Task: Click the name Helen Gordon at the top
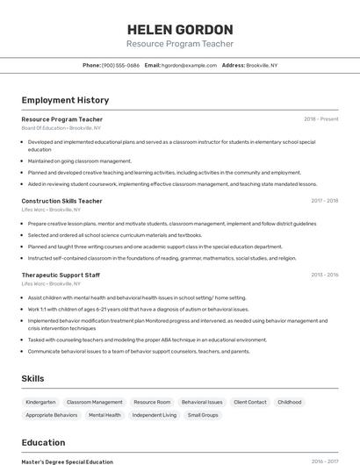click(180, 29)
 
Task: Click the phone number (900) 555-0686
click(120, 65)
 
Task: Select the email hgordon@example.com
click(187, 65)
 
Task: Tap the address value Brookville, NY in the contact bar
click(262, 65)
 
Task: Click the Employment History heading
click(65, 100)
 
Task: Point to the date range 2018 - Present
click(320, 118)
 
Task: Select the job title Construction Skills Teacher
click(61, 201)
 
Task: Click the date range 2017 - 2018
click(324, 201)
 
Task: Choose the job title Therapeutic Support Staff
click(61, 275)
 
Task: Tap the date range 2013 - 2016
click(324, 275)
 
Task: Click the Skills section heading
click(33, 378)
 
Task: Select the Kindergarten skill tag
click(40, 402)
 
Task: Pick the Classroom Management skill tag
click(95, 402)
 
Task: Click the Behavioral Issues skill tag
click(202, 402)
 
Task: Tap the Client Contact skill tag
click(250, 402)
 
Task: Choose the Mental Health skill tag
click(104, 415)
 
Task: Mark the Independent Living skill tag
click(155, 415)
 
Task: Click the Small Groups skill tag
click(203, 415)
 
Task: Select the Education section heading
click(44, 443)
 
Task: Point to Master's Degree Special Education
click(68, 461)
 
